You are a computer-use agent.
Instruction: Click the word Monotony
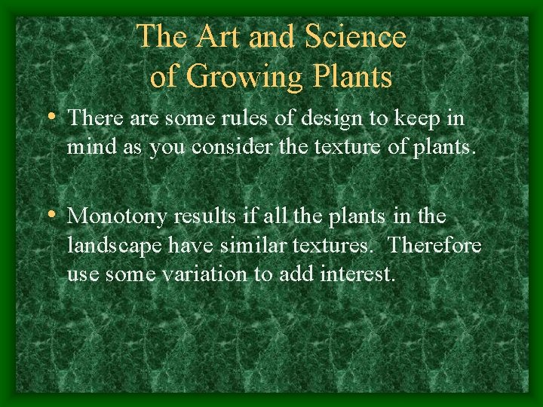click(x=118, y=217)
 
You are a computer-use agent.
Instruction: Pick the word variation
click(x=201, y=274)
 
